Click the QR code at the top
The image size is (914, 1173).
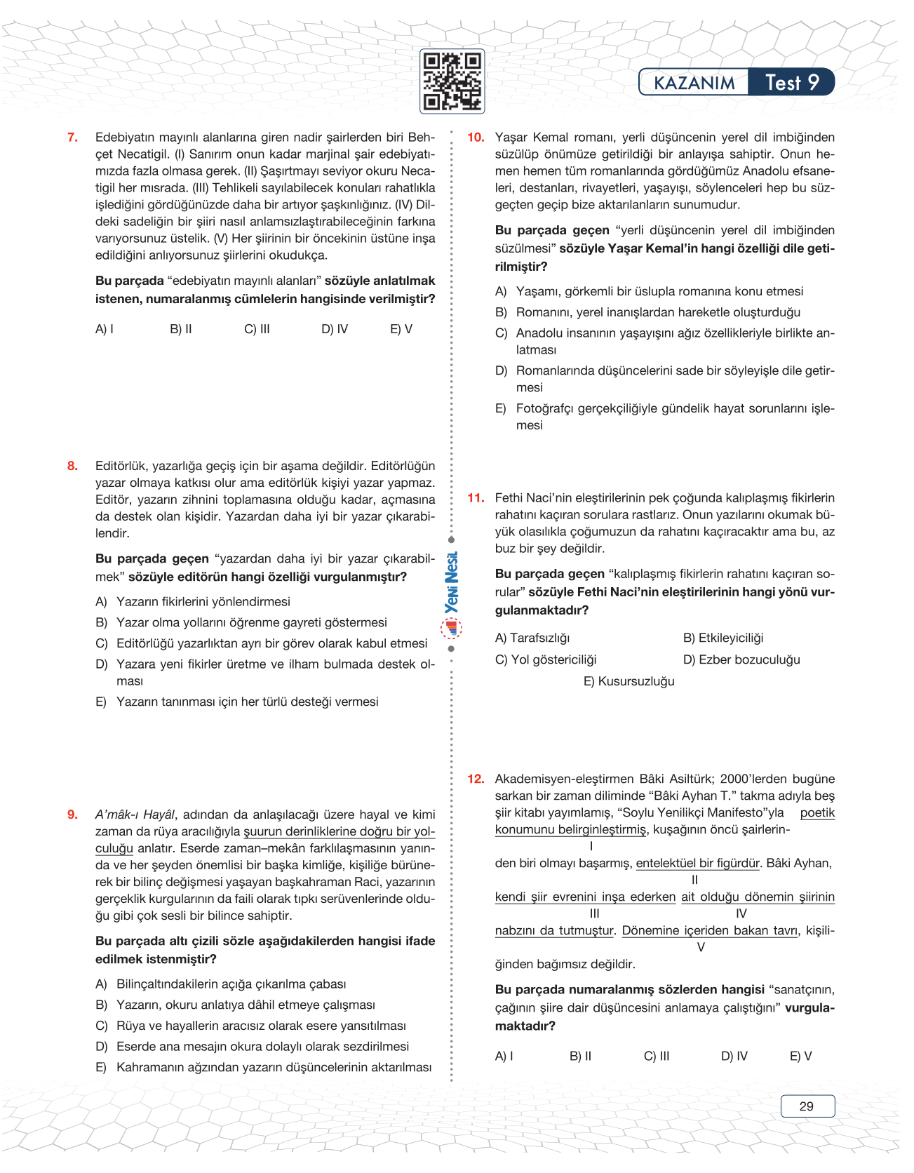(452, 81)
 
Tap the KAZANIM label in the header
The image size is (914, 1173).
(694, 83)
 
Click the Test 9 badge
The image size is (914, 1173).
(792, 83)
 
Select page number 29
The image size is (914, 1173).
(807, 1106)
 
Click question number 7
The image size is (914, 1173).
(72, 138)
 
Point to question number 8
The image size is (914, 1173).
(72, 466)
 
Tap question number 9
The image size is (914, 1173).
(72, 815)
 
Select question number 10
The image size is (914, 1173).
(476, 138)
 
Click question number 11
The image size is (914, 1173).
(476, 498)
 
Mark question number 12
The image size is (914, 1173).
(476, 779)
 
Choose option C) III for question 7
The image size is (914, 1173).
(257, 329)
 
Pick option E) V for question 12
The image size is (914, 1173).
(800, 1056)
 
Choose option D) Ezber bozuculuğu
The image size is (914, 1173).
(741, 659)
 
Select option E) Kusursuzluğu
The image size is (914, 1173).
(629, 681)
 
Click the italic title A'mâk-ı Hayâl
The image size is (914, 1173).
(135, 815)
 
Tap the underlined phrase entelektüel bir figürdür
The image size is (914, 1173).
(698, 863)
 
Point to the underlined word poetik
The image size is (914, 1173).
(817, 812)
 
